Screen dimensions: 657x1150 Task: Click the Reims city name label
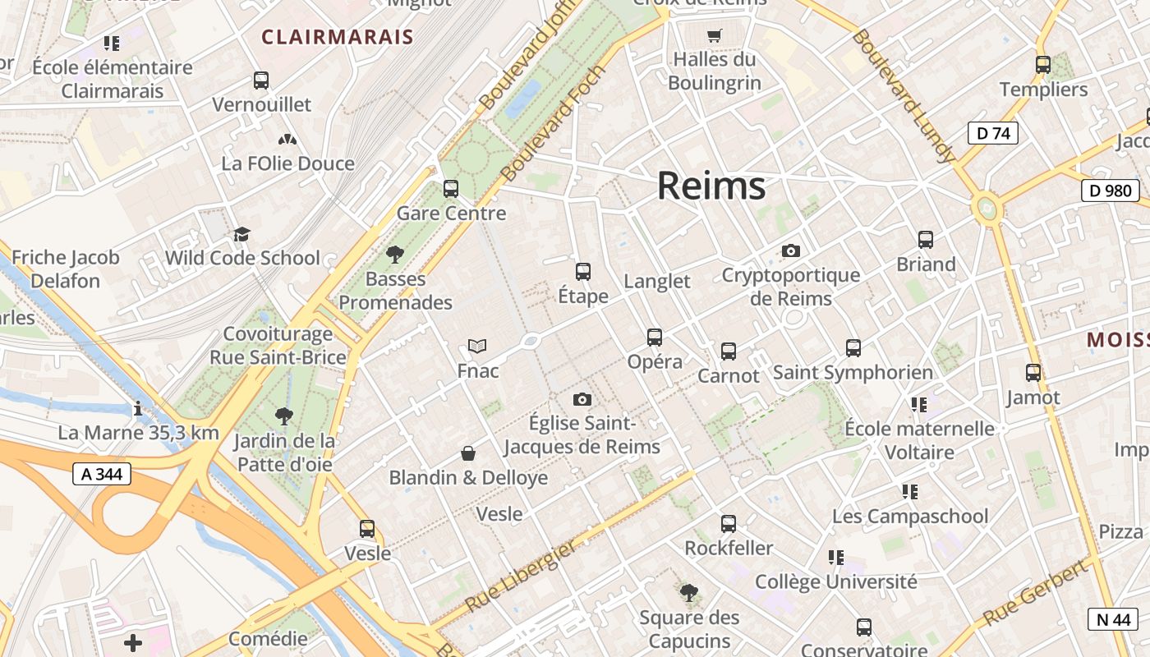711,186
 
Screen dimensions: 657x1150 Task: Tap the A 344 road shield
101,474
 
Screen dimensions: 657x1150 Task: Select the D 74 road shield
992,133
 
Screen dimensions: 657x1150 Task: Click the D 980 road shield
1111,191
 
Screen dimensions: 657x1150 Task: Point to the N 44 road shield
1113,619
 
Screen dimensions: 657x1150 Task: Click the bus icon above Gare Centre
451,189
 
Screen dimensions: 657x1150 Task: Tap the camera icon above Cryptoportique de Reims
791,250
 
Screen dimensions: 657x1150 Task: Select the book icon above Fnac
477,346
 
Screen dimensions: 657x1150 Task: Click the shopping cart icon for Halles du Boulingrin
714,35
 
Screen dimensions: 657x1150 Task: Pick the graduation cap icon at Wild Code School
241,234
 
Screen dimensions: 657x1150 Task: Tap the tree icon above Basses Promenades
395,255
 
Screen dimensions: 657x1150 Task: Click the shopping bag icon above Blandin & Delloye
468,453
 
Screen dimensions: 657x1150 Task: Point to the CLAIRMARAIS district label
337,37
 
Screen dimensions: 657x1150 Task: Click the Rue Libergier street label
520,577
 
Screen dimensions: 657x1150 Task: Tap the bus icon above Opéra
655,338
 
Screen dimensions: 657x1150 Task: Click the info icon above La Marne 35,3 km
138,408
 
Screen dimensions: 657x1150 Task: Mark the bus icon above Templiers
1043,65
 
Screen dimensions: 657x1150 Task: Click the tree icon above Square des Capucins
689,593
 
